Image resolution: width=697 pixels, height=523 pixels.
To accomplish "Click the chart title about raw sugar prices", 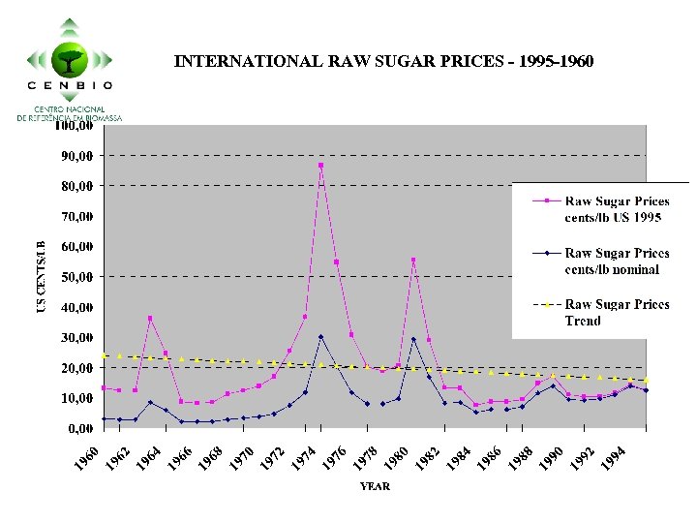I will [383, 62].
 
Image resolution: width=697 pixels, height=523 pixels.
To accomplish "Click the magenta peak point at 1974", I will [320, 166].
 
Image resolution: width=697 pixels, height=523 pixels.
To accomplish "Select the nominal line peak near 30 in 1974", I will [320, 337].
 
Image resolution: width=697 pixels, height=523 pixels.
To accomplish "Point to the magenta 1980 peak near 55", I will [413, 260].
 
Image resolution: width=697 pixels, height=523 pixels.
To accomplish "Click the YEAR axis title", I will [375, 486].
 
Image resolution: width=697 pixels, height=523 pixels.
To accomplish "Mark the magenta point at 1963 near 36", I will [150, 318].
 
